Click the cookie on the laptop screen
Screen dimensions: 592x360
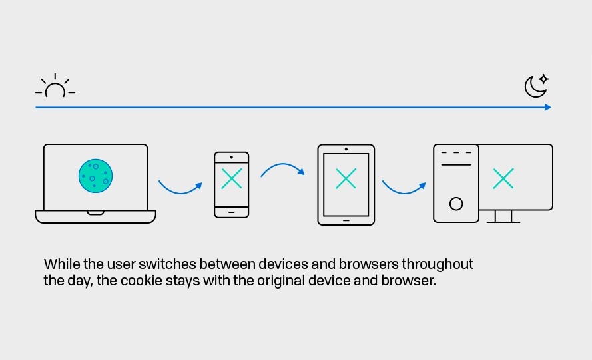[x=95, y=176]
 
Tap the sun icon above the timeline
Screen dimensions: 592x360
[x=55, y=86]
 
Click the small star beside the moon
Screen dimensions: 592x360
[x=543, y=79]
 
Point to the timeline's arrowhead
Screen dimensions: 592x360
[x=548, y=108]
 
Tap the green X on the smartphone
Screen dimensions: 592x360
[x=232, y=178]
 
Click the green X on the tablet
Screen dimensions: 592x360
[x=346, y=178]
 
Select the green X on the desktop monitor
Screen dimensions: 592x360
[x=503, y=178]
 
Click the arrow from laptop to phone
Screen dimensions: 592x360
[x=180, y=192]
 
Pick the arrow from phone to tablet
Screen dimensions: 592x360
[x=282, y=164]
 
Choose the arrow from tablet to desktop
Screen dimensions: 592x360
[x=404, y=192]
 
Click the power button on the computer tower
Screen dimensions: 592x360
[x=456, y=204]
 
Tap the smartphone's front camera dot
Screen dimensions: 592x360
[x=232, y=157]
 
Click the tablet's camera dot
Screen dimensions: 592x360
[x=346, y=149]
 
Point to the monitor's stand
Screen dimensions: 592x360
[x=503, y=216]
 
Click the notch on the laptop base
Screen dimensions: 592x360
[x=95, y=213]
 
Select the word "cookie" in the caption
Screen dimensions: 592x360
[x=141, y=281]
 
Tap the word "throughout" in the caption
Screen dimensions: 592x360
[x=438, y=264]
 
